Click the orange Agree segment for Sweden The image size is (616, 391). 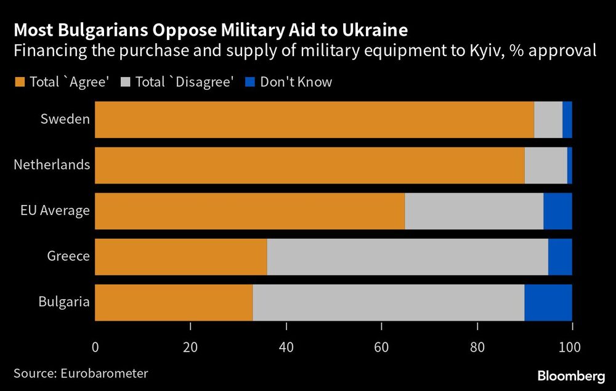click(314, 119)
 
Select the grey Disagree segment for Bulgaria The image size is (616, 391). click(388, 302)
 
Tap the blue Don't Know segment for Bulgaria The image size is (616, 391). click(548, 302)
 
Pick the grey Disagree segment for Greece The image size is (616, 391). click(407, 257)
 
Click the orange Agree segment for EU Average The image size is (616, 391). click(249, 211)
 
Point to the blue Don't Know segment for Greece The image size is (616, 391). click(560, 257)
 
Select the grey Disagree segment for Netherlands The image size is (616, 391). click(546, 165)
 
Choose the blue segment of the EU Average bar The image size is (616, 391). click(557, 211)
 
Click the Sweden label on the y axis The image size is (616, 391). click(65, 119)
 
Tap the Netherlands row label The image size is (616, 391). click(52, 165)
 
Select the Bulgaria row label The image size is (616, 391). click(64, 302)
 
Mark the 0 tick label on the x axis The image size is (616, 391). click(95, 347)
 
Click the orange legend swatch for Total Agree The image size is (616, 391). click(19, 82)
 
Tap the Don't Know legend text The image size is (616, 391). click(296, 82)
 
